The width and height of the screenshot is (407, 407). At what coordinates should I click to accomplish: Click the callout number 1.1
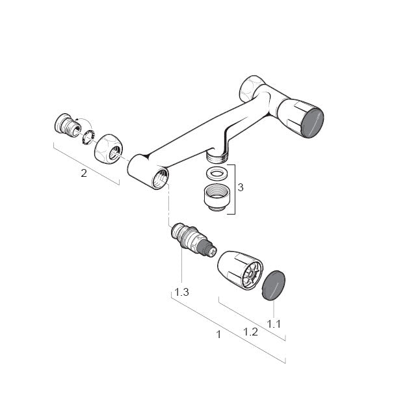[x=274, y=324]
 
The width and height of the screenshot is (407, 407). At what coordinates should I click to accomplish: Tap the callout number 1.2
[x=250, y=332]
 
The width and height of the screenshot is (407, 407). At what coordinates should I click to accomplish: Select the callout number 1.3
[x=181, y=293]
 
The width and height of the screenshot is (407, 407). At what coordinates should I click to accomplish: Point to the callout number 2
[x=84, y=173]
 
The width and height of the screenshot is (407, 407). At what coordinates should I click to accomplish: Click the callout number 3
[x=241, y=187]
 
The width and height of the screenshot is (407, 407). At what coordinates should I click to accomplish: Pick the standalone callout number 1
[x=219, y=335]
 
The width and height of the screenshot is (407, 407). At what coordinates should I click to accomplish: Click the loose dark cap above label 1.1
[x=274, y=285]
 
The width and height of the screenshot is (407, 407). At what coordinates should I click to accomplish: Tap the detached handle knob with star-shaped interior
[x=240, y=270]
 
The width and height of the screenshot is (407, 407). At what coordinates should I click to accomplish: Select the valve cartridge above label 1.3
[x=194, y=240]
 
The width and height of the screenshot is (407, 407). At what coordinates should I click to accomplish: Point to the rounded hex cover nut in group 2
[x=108, y=149]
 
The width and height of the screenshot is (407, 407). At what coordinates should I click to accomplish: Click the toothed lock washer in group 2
[x=88, y=137]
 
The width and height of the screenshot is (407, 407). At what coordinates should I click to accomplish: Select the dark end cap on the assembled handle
[x=313, y=122]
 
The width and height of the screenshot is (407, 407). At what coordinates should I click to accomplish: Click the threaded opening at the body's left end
[x=160, y=177]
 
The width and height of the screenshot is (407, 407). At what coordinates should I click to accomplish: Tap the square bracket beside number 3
[x=232, y=189]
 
